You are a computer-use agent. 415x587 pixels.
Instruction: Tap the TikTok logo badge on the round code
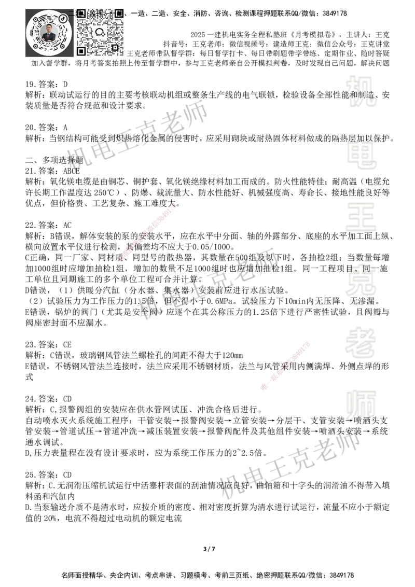[x=63, y=19]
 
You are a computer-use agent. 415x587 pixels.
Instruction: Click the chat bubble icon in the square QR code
[x=100, y=32]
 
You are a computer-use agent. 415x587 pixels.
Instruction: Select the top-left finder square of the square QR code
[x=81, y=13]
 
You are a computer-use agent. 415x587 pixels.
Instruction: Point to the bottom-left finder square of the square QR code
[x=81, y=51]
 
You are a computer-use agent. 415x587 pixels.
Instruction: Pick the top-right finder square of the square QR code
[x=119, y=12]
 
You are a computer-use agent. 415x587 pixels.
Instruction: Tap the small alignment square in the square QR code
[x=115, y=47]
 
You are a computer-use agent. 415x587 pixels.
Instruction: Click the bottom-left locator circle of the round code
[x=35, y=46]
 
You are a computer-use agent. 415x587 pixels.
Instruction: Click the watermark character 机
[x=361, y=91]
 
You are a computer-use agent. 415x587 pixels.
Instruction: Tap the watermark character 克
[x=361, y=283]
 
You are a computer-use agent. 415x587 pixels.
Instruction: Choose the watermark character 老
[x=361, y=342]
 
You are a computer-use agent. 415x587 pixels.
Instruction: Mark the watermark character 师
[x=361, y=403]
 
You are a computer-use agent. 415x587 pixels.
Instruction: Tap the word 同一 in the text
[x=370, y=269]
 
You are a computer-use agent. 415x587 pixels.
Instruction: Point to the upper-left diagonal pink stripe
[x=148, y=233]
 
